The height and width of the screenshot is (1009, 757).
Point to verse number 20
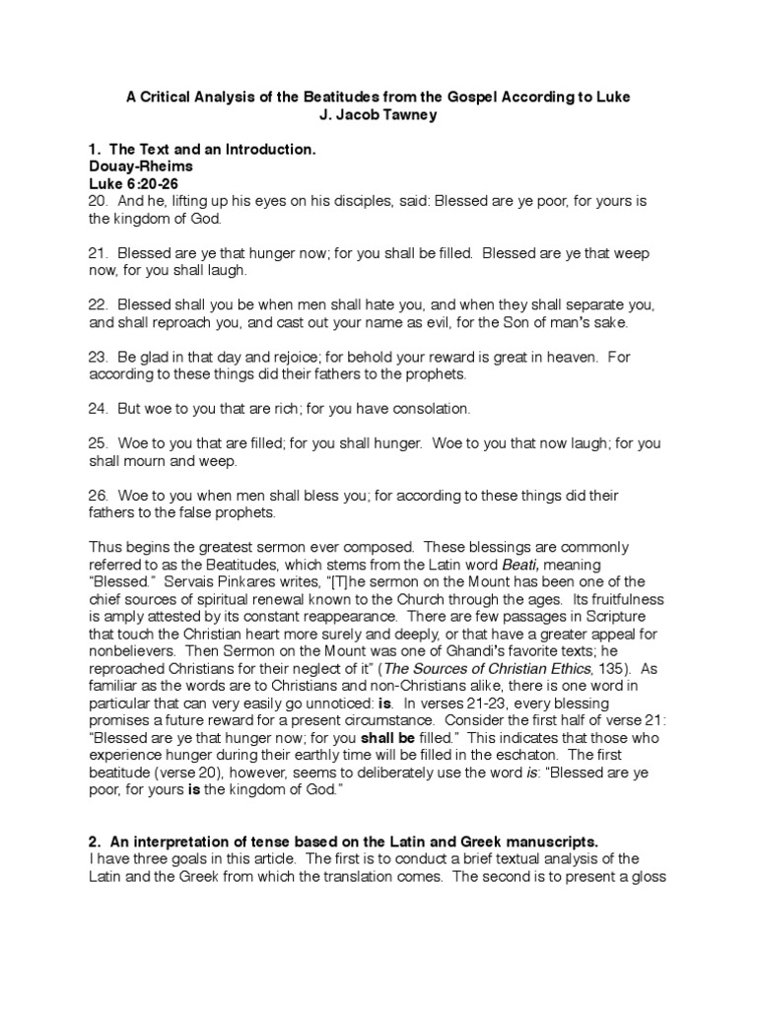99,201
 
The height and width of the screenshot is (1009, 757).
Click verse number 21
99,253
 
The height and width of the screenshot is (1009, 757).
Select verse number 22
99,304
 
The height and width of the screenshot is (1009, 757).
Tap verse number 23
99,357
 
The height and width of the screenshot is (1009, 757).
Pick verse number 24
99,408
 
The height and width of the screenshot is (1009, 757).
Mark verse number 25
99,442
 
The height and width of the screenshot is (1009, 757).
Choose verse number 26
99,495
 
